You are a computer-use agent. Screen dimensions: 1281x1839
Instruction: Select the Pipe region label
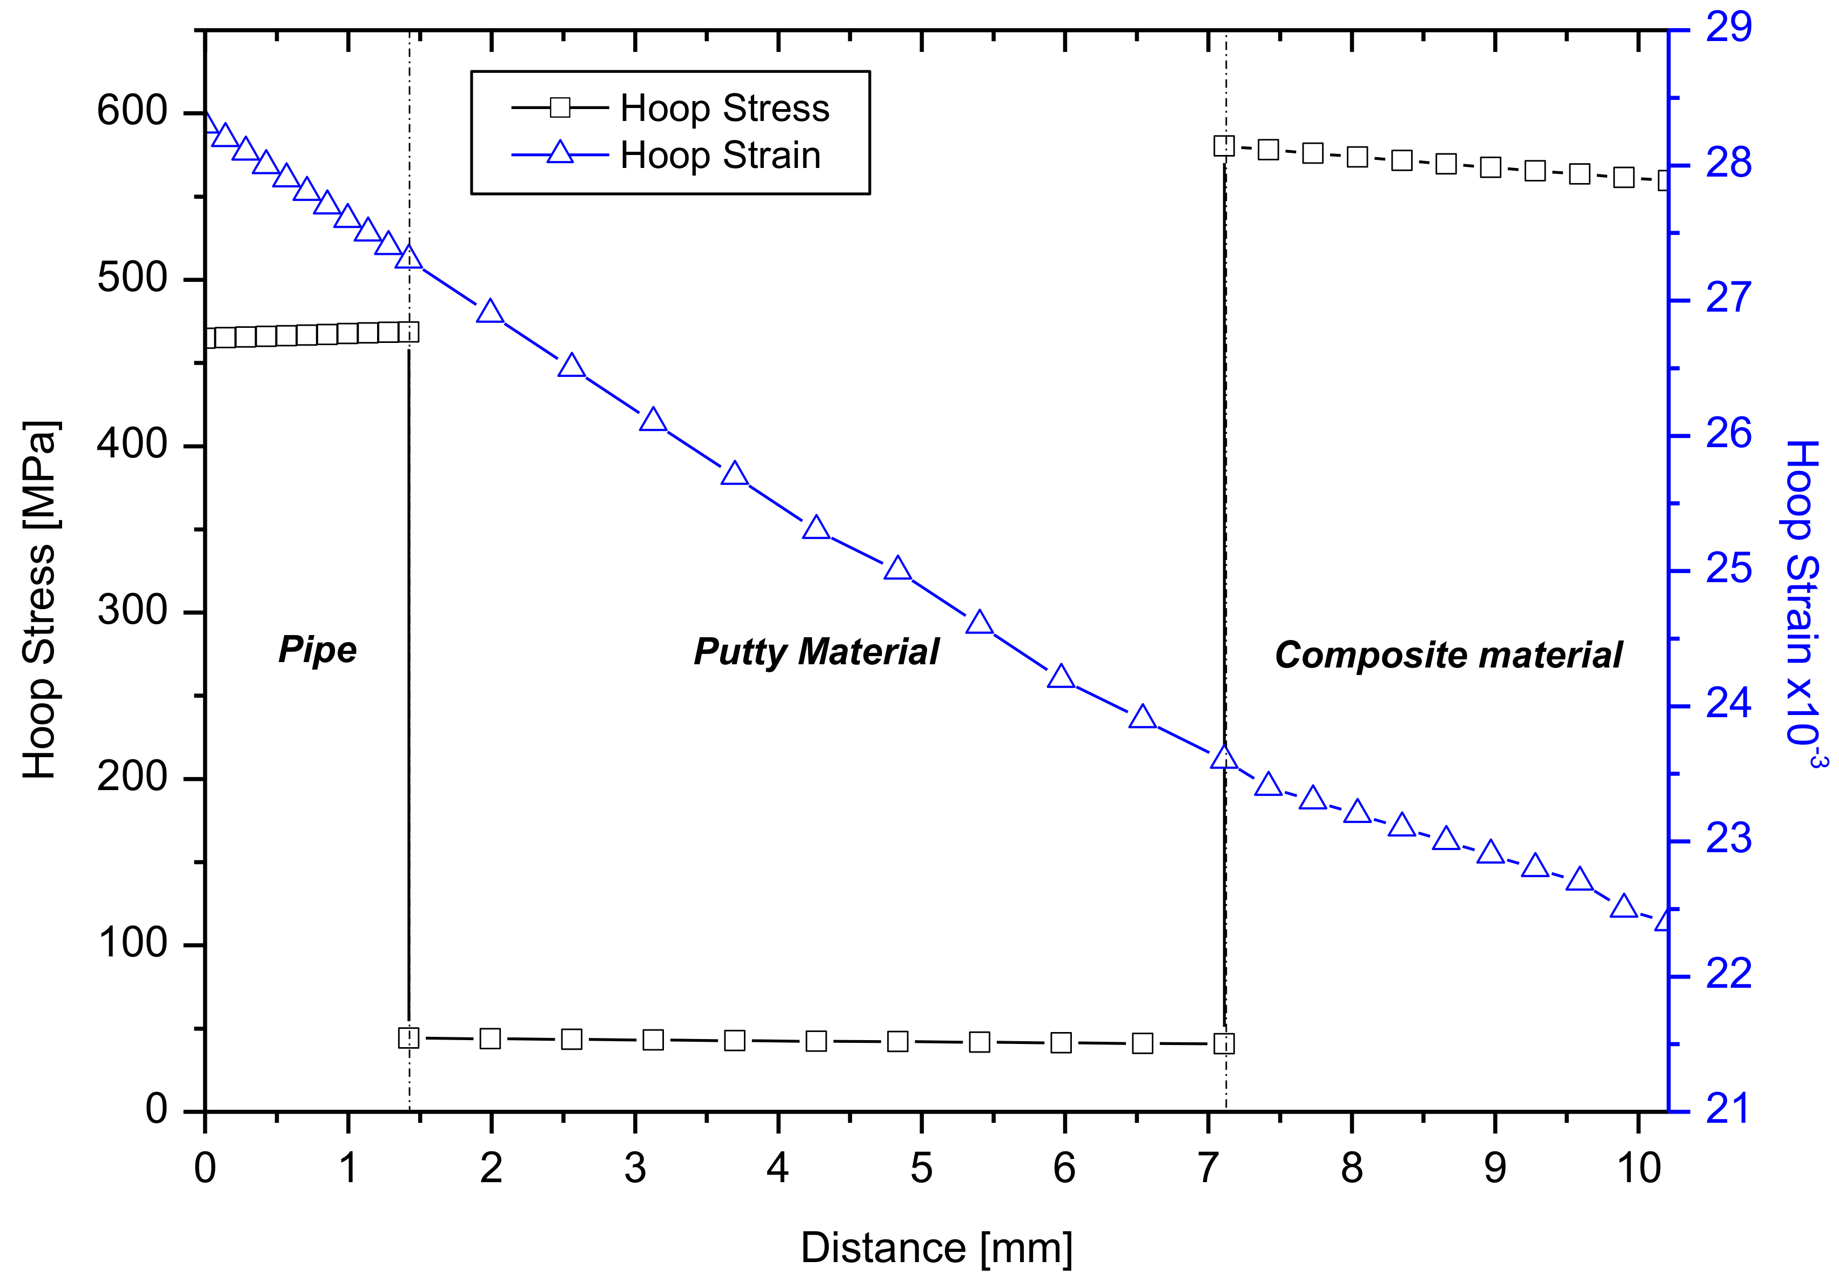click(x=317, y=649)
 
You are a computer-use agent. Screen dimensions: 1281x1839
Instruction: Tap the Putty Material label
click(x=815, y=652)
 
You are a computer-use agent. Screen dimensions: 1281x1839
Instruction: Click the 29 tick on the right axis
click(x=1728, y=28)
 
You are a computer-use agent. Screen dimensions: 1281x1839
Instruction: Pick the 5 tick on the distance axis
click(x=921, y=1169)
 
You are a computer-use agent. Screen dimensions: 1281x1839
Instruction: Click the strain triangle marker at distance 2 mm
click(x=490, y=312)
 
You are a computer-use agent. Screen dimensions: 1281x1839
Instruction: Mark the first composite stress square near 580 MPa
click(x=1223, y=146)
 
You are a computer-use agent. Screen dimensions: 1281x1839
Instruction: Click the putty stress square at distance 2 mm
click(x=490, y=1039)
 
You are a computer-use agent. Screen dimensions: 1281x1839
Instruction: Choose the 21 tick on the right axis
click(x=1728, y=1110)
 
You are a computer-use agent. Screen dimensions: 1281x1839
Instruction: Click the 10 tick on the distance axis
click(x=1639, y=1169)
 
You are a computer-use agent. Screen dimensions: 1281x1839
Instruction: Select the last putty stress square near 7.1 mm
click(x=1224, y=1044)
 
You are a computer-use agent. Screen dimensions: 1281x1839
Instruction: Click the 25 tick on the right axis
click(x=1728, y=570)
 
